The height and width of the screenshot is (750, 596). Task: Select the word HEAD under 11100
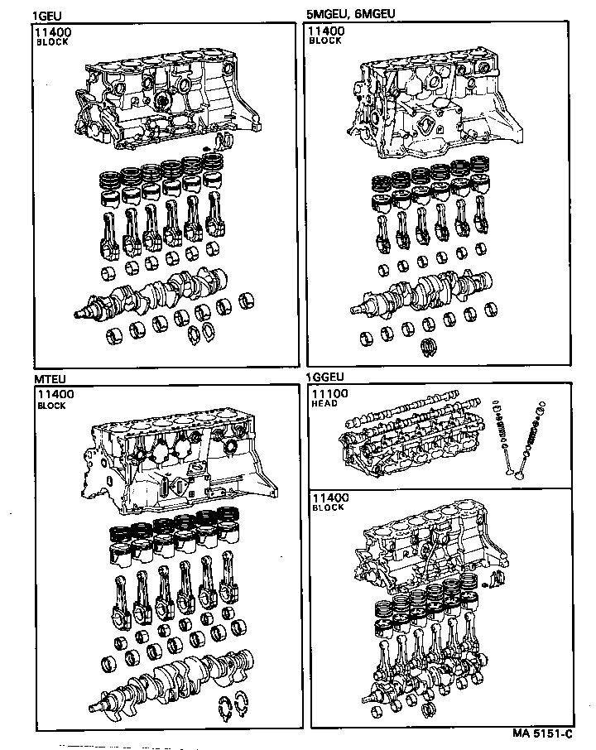(x=324, y=405)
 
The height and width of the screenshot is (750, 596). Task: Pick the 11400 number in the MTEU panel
(x=55, y=395)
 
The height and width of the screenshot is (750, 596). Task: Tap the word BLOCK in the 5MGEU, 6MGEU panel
(x=325, y=41)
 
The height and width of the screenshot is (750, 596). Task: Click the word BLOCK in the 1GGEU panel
(x=328, y=507)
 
